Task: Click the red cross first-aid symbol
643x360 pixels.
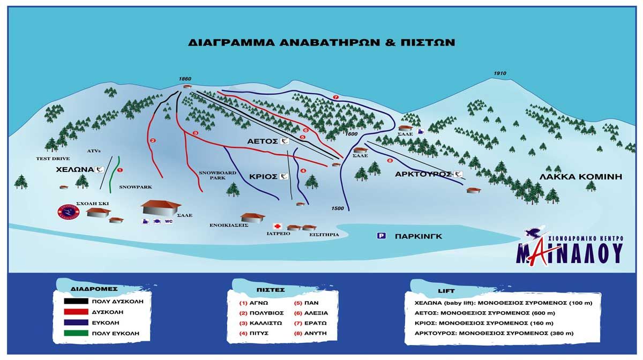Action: [x=278, y=227]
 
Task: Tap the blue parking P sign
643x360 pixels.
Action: [x=382, y=236]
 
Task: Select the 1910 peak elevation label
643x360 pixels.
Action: [x=500, y=73]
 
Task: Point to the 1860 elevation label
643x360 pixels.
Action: [x=185, y=79]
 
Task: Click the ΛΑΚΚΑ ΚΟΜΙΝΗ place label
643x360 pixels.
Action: [x=581, y=176]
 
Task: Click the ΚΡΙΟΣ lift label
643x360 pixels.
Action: [x=263, y=176]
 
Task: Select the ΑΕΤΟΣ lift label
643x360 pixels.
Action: [x=263, y=141]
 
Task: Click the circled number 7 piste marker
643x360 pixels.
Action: [x=336, y=97]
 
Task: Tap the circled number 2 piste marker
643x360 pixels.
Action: [x=153, y=141]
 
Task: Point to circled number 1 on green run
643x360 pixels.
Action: [x=120, y=170]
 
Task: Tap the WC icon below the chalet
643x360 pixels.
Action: [x=168, y=221]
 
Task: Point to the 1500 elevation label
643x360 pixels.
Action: [x=338, y=208]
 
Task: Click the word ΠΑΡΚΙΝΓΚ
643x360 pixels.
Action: [x=418, y=236]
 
